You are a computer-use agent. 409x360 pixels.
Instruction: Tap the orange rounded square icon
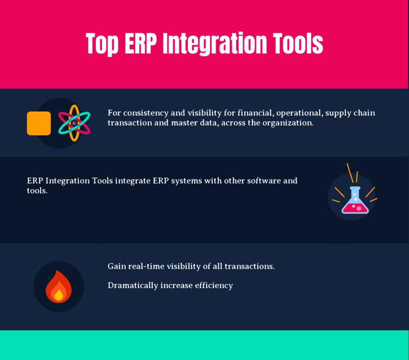[39, 123]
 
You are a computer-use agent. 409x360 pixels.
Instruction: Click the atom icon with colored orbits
[74, 123]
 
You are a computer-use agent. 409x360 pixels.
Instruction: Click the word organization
[290, 123]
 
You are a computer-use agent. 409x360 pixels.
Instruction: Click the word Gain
[117, 266]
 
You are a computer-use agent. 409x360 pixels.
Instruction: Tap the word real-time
[147, 266]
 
